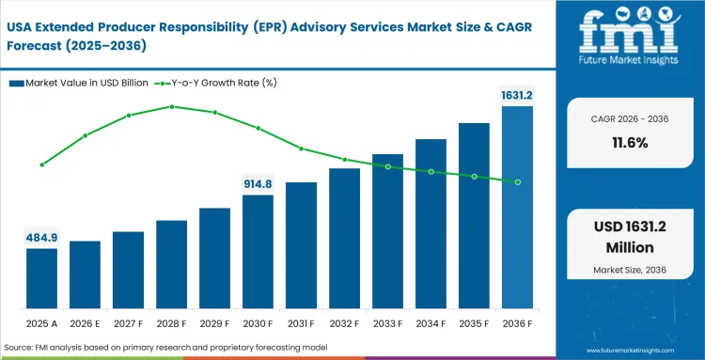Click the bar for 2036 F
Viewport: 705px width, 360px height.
[517, 207]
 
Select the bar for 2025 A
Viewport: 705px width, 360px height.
[41, 278]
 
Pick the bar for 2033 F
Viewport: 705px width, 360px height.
[387, 231]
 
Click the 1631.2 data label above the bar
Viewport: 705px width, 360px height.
[516, 94]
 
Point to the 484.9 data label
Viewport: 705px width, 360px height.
[41, 237]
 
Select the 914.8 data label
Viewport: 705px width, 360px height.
[258, 183]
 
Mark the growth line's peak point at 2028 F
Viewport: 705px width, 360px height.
[171, 106]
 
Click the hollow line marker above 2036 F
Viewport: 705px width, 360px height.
[517, 181]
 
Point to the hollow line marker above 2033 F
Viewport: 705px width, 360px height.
[387, 166]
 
